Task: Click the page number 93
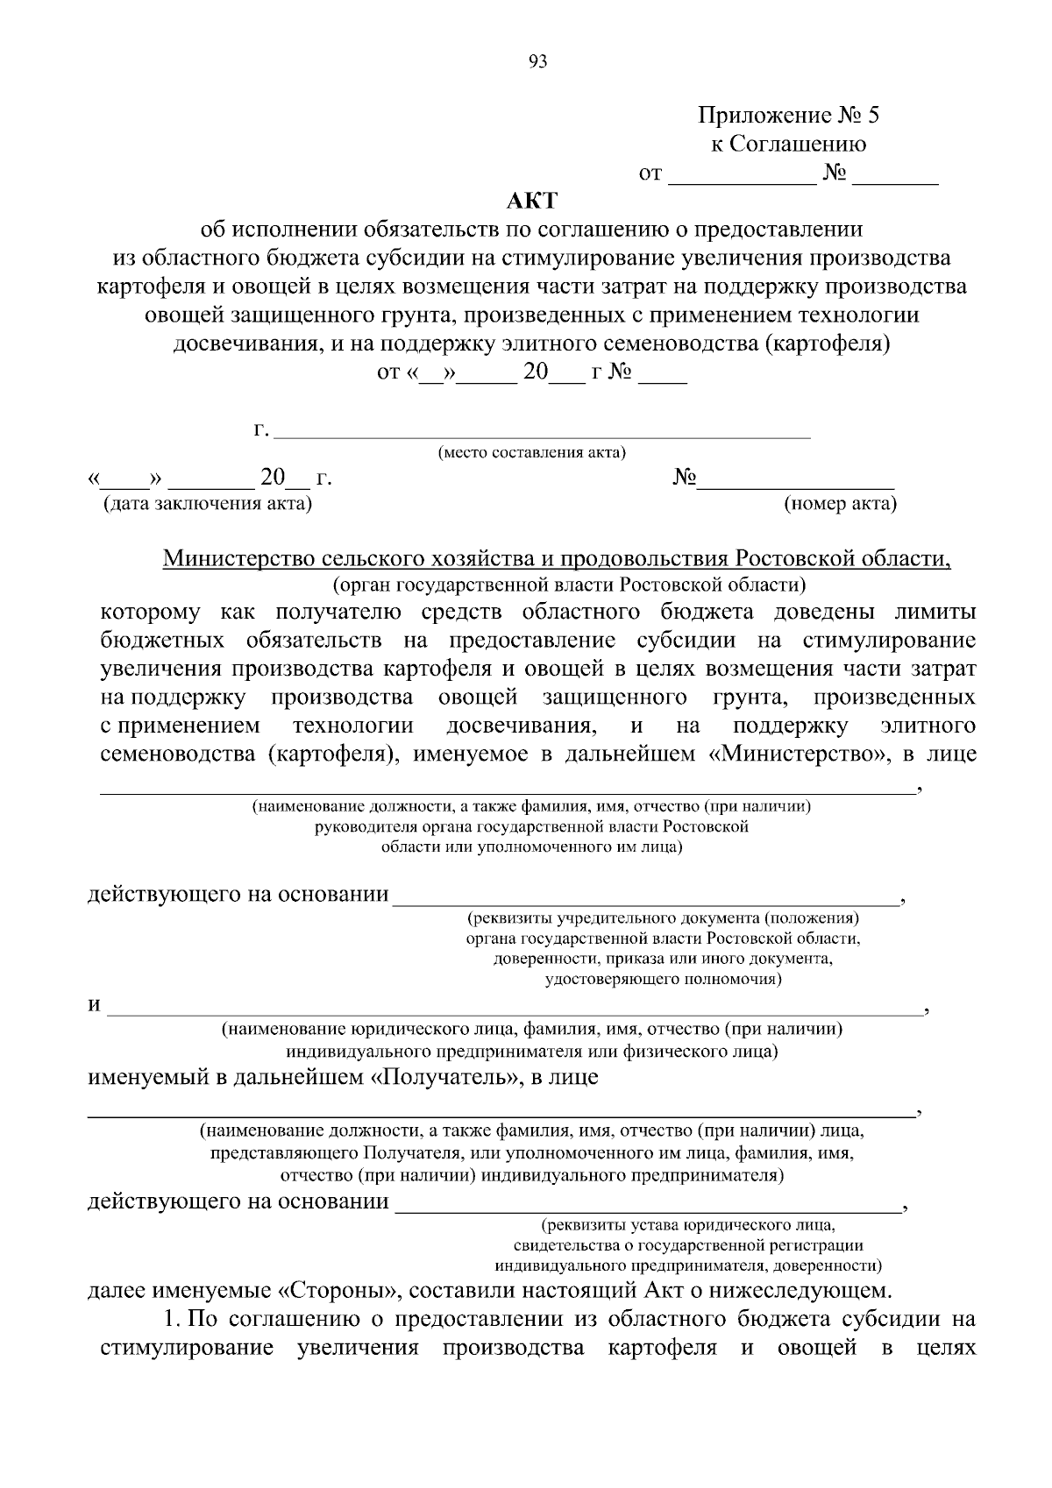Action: coord(537,61)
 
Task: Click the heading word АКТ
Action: coord(531,201)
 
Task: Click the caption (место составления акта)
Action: coord(531,453)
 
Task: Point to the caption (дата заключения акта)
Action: coord(207,504)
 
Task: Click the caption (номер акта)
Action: coord(840,504)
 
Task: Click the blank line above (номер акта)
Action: coord(795,485)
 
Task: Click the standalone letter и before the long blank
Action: coord(94,1005)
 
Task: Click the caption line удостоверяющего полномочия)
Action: coord(663,979)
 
